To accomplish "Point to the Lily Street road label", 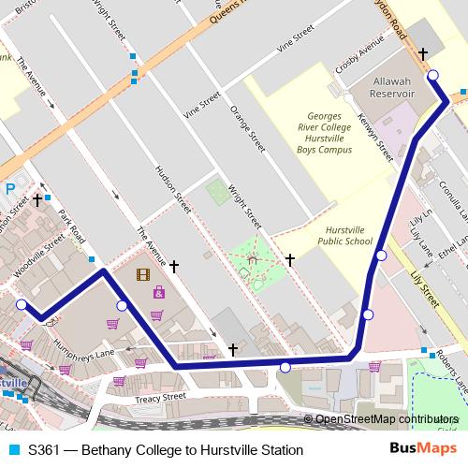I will pyautogui.click(x=425, y=285).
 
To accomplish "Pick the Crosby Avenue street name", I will pyautogui.click(x=361, y=57).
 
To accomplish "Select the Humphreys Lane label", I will pyautogui.click(x=84, y=351).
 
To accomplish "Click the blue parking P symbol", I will pyautogui.click(x=10, y=188).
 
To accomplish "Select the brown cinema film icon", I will pyautogui.click(x=142, y=274).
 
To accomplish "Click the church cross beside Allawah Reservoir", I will pyautogui.click(x=422, y=55).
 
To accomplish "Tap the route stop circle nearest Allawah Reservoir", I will pyautogui.click(x=432, y=76).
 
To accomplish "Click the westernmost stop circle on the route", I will pyautogui.click(x=22, y=303).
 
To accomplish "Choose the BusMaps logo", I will pyautogui.click(x=423, y=450).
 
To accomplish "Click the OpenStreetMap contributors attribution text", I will pyautogui.click(x=386, y=419).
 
